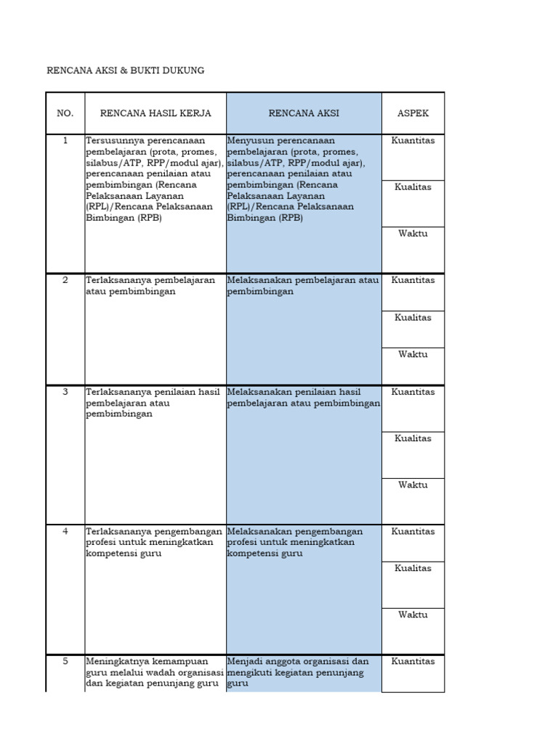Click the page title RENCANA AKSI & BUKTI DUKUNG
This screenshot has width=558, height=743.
coord(125,70)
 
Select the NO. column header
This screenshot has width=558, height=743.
coord(65,113)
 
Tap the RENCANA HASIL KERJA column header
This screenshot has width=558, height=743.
coord(155,113)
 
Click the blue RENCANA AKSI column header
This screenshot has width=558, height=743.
coord(304,113)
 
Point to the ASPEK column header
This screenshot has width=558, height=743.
coord(413,113)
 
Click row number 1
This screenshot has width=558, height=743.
coord(65,141)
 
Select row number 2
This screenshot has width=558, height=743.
coord(65,280)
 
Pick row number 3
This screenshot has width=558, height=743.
coord(65,392)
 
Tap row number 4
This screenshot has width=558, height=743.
coord(65,531)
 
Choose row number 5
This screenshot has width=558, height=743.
coord(65,661)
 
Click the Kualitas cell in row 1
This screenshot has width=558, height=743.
coord(413,187)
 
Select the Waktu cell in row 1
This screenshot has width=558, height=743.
coord(413,234)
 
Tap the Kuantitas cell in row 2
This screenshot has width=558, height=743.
coord(413,280)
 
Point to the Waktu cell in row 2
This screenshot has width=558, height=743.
coord(413,355)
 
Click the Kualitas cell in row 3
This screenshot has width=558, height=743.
coord(413,438)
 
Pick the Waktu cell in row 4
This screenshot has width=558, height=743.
coord(413,615)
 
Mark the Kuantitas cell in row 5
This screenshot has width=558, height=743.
coord(413,661)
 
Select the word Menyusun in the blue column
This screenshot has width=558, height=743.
coord(250,141)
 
